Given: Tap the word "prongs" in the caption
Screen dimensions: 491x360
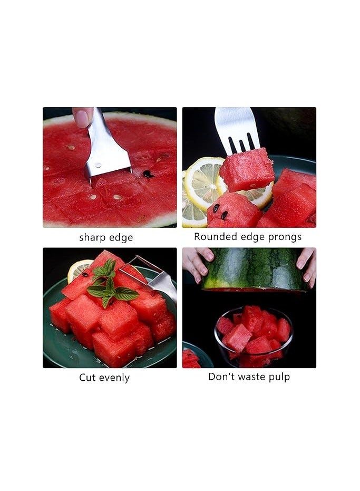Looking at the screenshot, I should (x=284, y=237).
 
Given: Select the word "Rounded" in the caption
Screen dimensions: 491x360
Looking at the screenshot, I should (x=212, y=237).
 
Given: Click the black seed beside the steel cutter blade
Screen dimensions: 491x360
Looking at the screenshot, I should (x=147, y=174).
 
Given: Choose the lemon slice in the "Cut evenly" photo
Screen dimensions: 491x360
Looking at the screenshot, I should (x=78, y=269).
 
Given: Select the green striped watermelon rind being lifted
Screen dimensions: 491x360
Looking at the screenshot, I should (x=255, y=268).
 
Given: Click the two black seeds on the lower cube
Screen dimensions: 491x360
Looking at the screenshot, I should (x=220, y=210).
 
